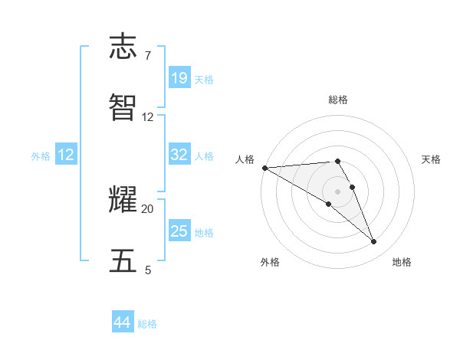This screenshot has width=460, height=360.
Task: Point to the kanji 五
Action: coord(124,260)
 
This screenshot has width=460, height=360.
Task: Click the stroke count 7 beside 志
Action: coord(148,56)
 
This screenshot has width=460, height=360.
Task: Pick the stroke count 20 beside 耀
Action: coord(148,208)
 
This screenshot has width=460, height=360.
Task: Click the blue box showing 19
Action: coord(179,77)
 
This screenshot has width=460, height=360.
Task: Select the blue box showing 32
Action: coord(179,155)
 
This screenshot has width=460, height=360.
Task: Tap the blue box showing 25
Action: coord(179,231)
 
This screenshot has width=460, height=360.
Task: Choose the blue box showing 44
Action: coord(123,322)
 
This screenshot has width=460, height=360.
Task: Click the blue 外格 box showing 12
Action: coord(67,155)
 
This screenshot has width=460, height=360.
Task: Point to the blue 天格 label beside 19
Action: coord(204,80)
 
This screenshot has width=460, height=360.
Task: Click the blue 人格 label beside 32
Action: coord(204,156)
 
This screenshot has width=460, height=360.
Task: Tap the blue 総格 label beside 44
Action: coord(147,324)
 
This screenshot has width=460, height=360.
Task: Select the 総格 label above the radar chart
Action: coord(338,100)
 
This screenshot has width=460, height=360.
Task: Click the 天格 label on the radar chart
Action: coord(432,159)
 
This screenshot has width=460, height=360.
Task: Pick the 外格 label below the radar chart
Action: coord(270,262)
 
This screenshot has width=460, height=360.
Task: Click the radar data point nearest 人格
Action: coord(264,168)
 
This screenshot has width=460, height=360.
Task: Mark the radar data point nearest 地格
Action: coord(374,242)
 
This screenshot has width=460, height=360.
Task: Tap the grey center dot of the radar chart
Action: coord(338,191)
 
